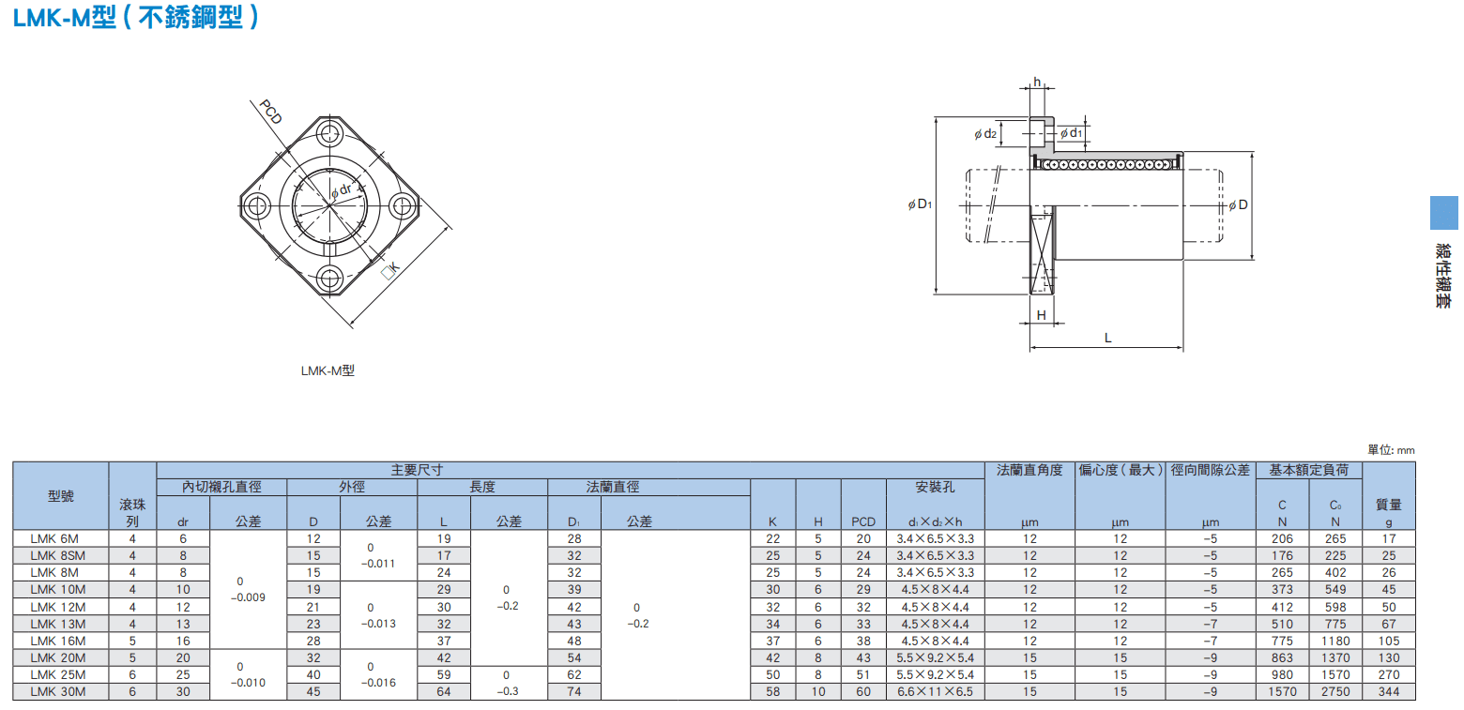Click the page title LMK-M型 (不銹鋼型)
click(136, 17)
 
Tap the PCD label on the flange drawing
click(271, 111)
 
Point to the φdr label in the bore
click(342, 190)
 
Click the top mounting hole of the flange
click(329, 133)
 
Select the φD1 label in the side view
click(921, 204)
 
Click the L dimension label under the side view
click(1107, 338)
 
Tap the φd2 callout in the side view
click(985, 134)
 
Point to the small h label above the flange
click(1037, 82)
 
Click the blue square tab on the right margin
click(1443, 213)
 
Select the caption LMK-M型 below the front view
click(328, 370)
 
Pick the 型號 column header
click(61, 496)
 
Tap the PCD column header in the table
click(863, 521)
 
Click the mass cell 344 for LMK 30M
click(1389, 691)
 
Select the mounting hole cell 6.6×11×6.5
click(936, 691)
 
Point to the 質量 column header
click(1389, 505)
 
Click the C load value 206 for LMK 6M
click(1282, 539)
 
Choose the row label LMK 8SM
click(57, 555)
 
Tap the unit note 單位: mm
click(1391, 449)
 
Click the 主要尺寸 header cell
click(417, 470)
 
